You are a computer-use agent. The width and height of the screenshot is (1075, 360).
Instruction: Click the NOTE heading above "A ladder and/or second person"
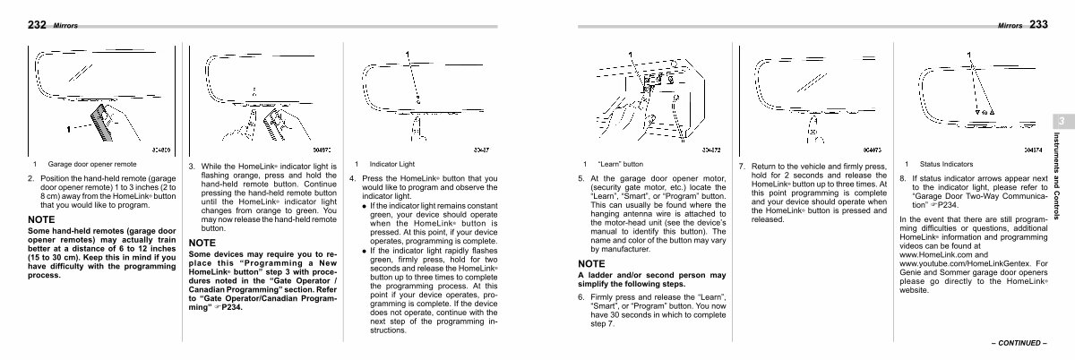592,262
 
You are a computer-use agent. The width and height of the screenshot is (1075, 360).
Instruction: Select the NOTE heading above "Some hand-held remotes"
42,219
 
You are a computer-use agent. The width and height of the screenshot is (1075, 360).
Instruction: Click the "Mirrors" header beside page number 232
66,26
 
